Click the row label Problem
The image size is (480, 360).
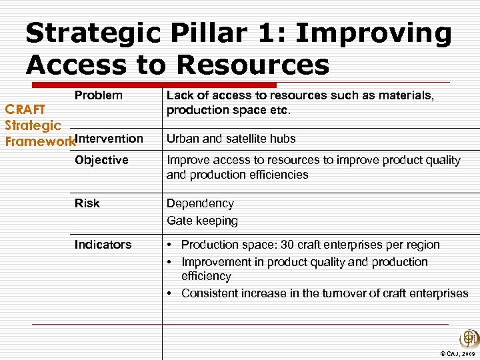pyautogui.click(x=99, y=95)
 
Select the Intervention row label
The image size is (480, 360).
pyautogui.click(x=109, y=139)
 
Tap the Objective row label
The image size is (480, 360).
pyautogui.click(x=101, y=160)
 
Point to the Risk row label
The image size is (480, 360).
pyautogui.click(x=87, y=203)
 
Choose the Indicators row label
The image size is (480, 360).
pyautogui.click(x=103, y=245)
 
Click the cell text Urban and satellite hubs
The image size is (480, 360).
pyautogui.click(x=231, y=139)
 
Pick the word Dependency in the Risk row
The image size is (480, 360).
pyautogui.click(x=200, y=203)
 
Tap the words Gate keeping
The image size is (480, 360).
pyautogui.click(x=202, y=221)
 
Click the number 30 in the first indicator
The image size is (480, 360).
pyautogui.click(x=287, y=245)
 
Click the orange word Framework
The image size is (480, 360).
pyautogui.click(x=39, y=141)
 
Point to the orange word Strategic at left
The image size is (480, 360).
pyautogui.click(x=33, y=125)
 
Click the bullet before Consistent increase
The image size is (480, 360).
pyautogui.click(x=171, y=293)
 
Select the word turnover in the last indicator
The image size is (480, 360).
pyautogui.click(x=339, y=293)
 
